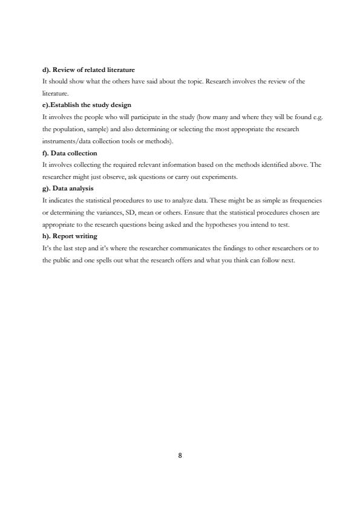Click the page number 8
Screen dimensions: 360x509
[180, 456]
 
